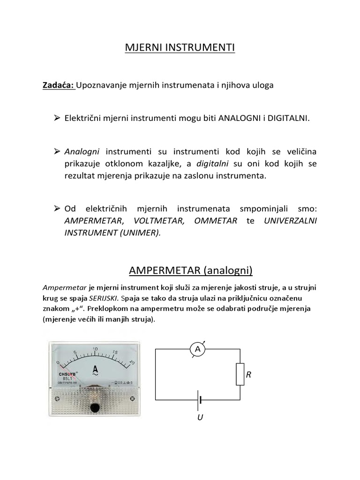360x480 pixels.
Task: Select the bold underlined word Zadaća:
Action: pos(59,86)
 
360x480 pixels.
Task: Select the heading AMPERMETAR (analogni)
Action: pos(190,270)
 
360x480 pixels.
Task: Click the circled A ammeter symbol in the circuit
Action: pos(197,349)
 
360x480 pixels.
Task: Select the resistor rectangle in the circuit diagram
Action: pos(240,374)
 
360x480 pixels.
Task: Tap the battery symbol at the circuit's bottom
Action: pos(201,400)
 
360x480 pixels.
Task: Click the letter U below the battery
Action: pos(200,417)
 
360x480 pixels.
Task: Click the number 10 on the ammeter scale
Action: pos(95,349)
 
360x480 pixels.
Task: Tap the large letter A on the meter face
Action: pos(95,368)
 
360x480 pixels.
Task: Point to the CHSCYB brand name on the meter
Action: pos(66,374)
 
